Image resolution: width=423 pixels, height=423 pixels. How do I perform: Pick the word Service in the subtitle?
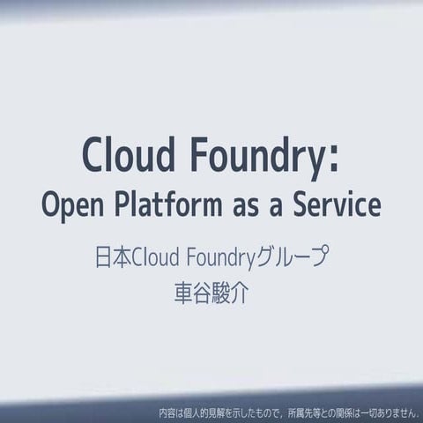pyautogui.click(x=336, y=205)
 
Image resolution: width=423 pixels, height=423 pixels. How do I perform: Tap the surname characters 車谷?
pyautogui.click(x=194, y=293)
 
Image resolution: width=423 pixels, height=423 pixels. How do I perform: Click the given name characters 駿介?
pyautogui.click(x=230, y=293)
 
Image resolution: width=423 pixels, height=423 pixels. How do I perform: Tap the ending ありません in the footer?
pyautogui.click(x=393, y=412)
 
